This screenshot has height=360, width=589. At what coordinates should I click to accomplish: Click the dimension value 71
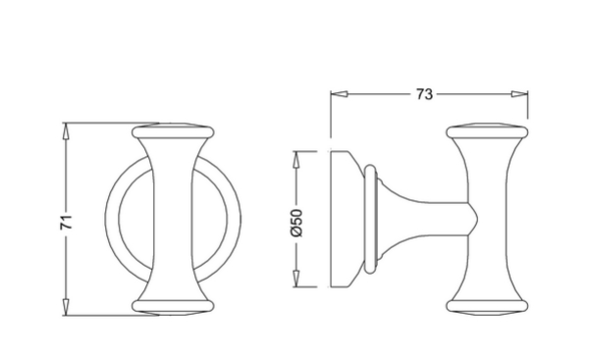(66, 222)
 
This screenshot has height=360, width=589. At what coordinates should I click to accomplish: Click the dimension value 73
(424, 94)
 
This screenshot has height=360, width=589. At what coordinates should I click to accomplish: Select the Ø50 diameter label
(296, 223)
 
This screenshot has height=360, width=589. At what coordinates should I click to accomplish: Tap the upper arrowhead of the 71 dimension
(66, 131)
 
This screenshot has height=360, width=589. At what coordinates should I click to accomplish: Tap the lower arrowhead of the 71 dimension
(66, 307)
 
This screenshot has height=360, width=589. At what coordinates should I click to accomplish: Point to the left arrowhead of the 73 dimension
(340, 94)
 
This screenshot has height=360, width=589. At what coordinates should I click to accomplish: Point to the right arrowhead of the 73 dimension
(519, 94)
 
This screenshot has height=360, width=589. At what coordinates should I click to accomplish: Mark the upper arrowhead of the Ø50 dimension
(296, 160)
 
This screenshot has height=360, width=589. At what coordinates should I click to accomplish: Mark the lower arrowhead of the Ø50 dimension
(296, 279)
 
